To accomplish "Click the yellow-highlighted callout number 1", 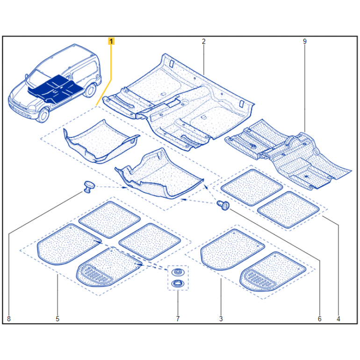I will click(111, 42).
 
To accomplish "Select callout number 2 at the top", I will click(204, 42).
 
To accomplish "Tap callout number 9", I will click(304, 42).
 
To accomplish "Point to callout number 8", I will click(8, 319).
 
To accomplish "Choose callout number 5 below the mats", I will click(58, 319).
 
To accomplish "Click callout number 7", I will click(178, 319).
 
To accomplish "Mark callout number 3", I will click(221, 319).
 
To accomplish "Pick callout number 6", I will click(320, 319).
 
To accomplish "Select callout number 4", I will click(338, 319).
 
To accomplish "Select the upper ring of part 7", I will click(178, 272).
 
